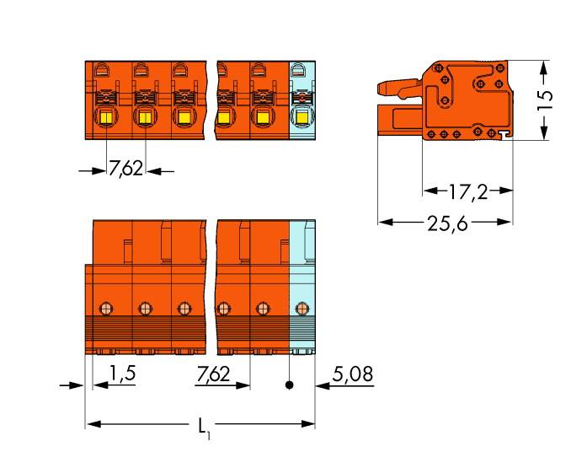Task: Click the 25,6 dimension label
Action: coord(446,223)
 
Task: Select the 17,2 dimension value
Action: coord(468,191)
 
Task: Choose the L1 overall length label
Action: coord(204,428)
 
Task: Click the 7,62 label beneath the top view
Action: coord(125,169)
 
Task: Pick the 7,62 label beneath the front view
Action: coord(211,373)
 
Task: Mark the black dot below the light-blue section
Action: coord(290,385)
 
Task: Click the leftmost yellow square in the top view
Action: coord(106,118)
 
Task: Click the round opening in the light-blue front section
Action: coord(302,307)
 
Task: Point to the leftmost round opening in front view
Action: coord(105,307)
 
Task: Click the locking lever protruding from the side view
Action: coord(396,87)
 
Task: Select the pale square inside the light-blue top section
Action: coord(301,118)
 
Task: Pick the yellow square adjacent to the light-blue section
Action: coord(262,118)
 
